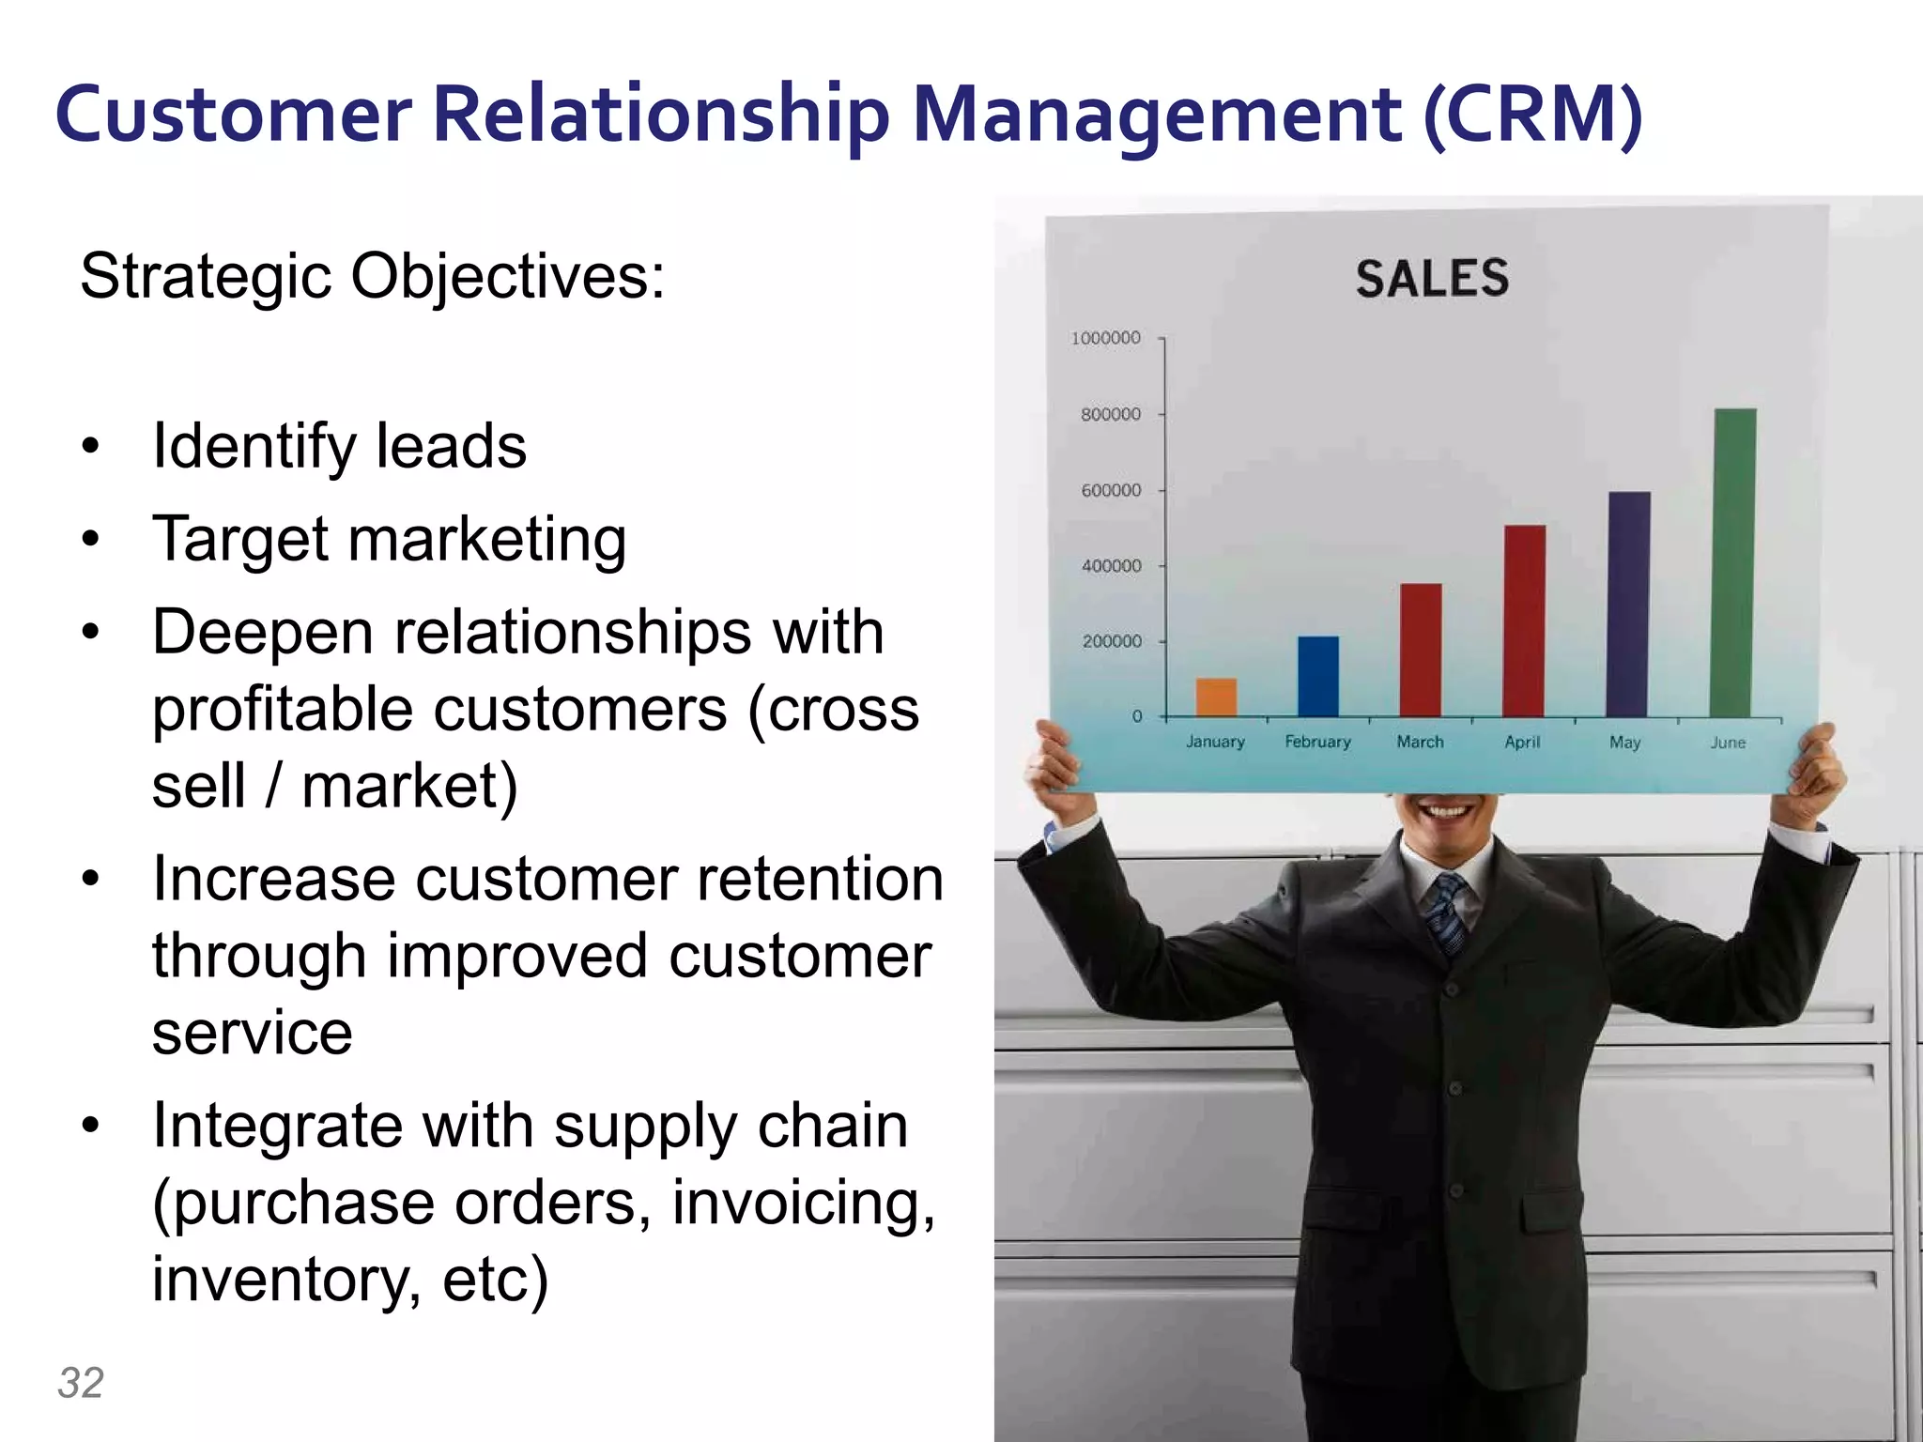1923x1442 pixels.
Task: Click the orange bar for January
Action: pyautogui.click(x=1216, y=697)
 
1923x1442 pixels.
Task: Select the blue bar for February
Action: pyautogui.click(x=1318, y=676)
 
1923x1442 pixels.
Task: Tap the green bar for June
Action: pyautogui.click(x=1734, y=563)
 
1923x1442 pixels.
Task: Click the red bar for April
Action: pyautogui.click(x=1524, y=621)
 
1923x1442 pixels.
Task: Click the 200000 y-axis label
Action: pyautogui.click(x=1112, y=642)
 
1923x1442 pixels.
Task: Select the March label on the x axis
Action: pyautogui.click(x=1420, y=742)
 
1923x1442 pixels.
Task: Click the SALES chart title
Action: pyautogui.click(x=1432, y=279)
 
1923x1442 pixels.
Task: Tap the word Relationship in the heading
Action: pyautogui.click(x=660, y=116)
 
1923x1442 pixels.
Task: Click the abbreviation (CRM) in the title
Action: pyautogui.click(x=1532, y=116)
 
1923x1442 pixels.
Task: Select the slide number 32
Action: pyautogui.click(x=81, y=1383)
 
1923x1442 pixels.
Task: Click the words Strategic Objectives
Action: pyautogui.click(x=373, y=277)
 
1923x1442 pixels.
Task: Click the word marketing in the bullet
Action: pyautogui.click(x=486, y=541)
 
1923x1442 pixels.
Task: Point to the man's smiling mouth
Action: pyautogui.click(x=1447, y=809)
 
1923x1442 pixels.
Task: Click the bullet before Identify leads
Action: pyautogui.click(x=90, y=447)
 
